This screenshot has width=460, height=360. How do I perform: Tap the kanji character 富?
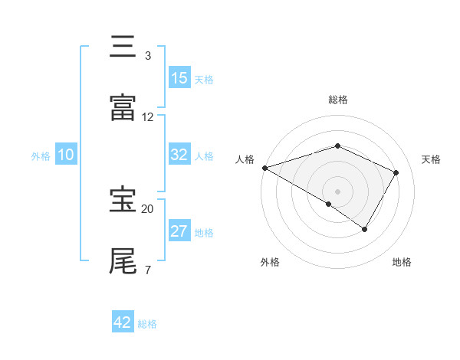coord(123,108)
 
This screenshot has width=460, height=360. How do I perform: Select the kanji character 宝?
coord(123,200)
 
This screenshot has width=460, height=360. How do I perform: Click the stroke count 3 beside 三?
coord(148,56)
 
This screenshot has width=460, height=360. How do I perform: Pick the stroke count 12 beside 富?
coord(148,117)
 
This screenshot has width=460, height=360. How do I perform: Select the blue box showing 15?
coord(179,78)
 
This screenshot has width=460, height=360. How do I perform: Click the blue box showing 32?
coord(179,155)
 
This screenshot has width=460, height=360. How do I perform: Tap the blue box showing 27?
coord(179,231)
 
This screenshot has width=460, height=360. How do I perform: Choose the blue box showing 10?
coord(66,155)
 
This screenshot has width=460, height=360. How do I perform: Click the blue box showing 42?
coord(123,322)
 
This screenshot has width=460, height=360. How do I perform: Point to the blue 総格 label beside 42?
coord(147,324)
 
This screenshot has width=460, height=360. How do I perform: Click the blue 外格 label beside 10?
coord(41,156)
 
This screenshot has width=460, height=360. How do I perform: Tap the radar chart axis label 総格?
coord(337,100)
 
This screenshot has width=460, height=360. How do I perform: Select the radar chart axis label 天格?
coord(432,159)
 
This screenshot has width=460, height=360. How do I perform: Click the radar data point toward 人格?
coord(264,168)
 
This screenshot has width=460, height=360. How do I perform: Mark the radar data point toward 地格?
coord(365,229)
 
